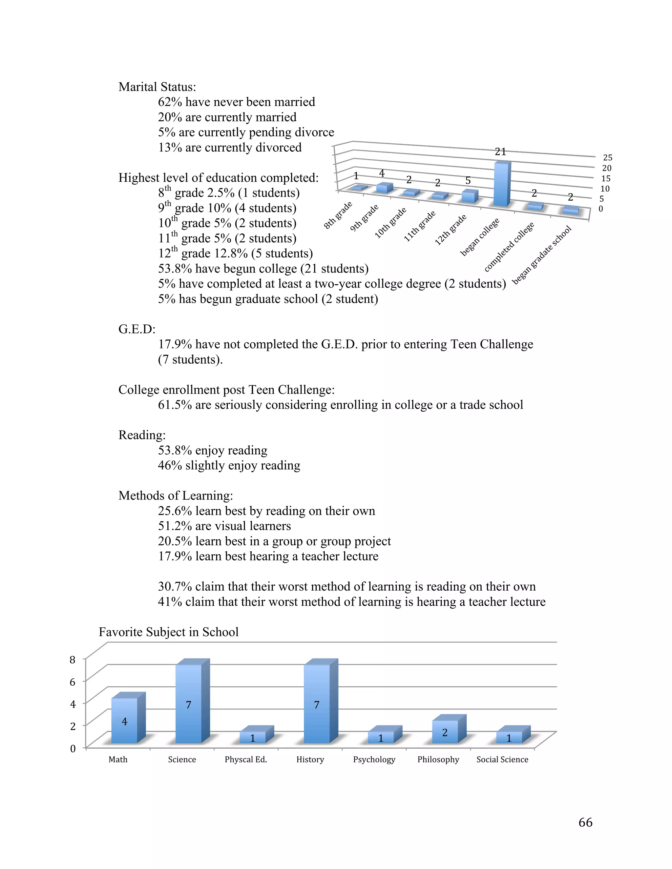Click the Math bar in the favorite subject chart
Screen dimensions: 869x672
(x=124, y=720)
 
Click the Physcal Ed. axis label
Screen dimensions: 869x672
(x=246, y=759)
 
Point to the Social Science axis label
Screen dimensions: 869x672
(x=502, y=759)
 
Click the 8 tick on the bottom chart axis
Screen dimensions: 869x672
(x=73, y=660)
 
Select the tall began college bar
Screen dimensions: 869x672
(x=501, y=185)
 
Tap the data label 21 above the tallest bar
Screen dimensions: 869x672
(x=500, y=152)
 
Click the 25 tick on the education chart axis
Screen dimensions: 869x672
(x=607, y=157)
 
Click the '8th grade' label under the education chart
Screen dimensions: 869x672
(x=338, y=215)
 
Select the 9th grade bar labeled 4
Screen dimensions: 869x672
(x=384, y=188)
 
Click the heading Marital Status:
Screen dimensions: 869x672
(x=157, y=87)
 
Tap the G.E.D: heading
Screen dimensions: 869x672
(x=136, y=329)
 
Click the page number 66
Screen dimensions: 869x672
(x=585, y=822)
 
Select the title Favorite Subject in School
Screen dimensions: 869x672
(x=168, y=632)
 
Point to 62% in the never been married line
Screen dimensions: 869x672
(x=170, y=102)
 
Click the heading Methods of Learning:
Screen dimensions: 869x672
(x=176, y=495)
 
